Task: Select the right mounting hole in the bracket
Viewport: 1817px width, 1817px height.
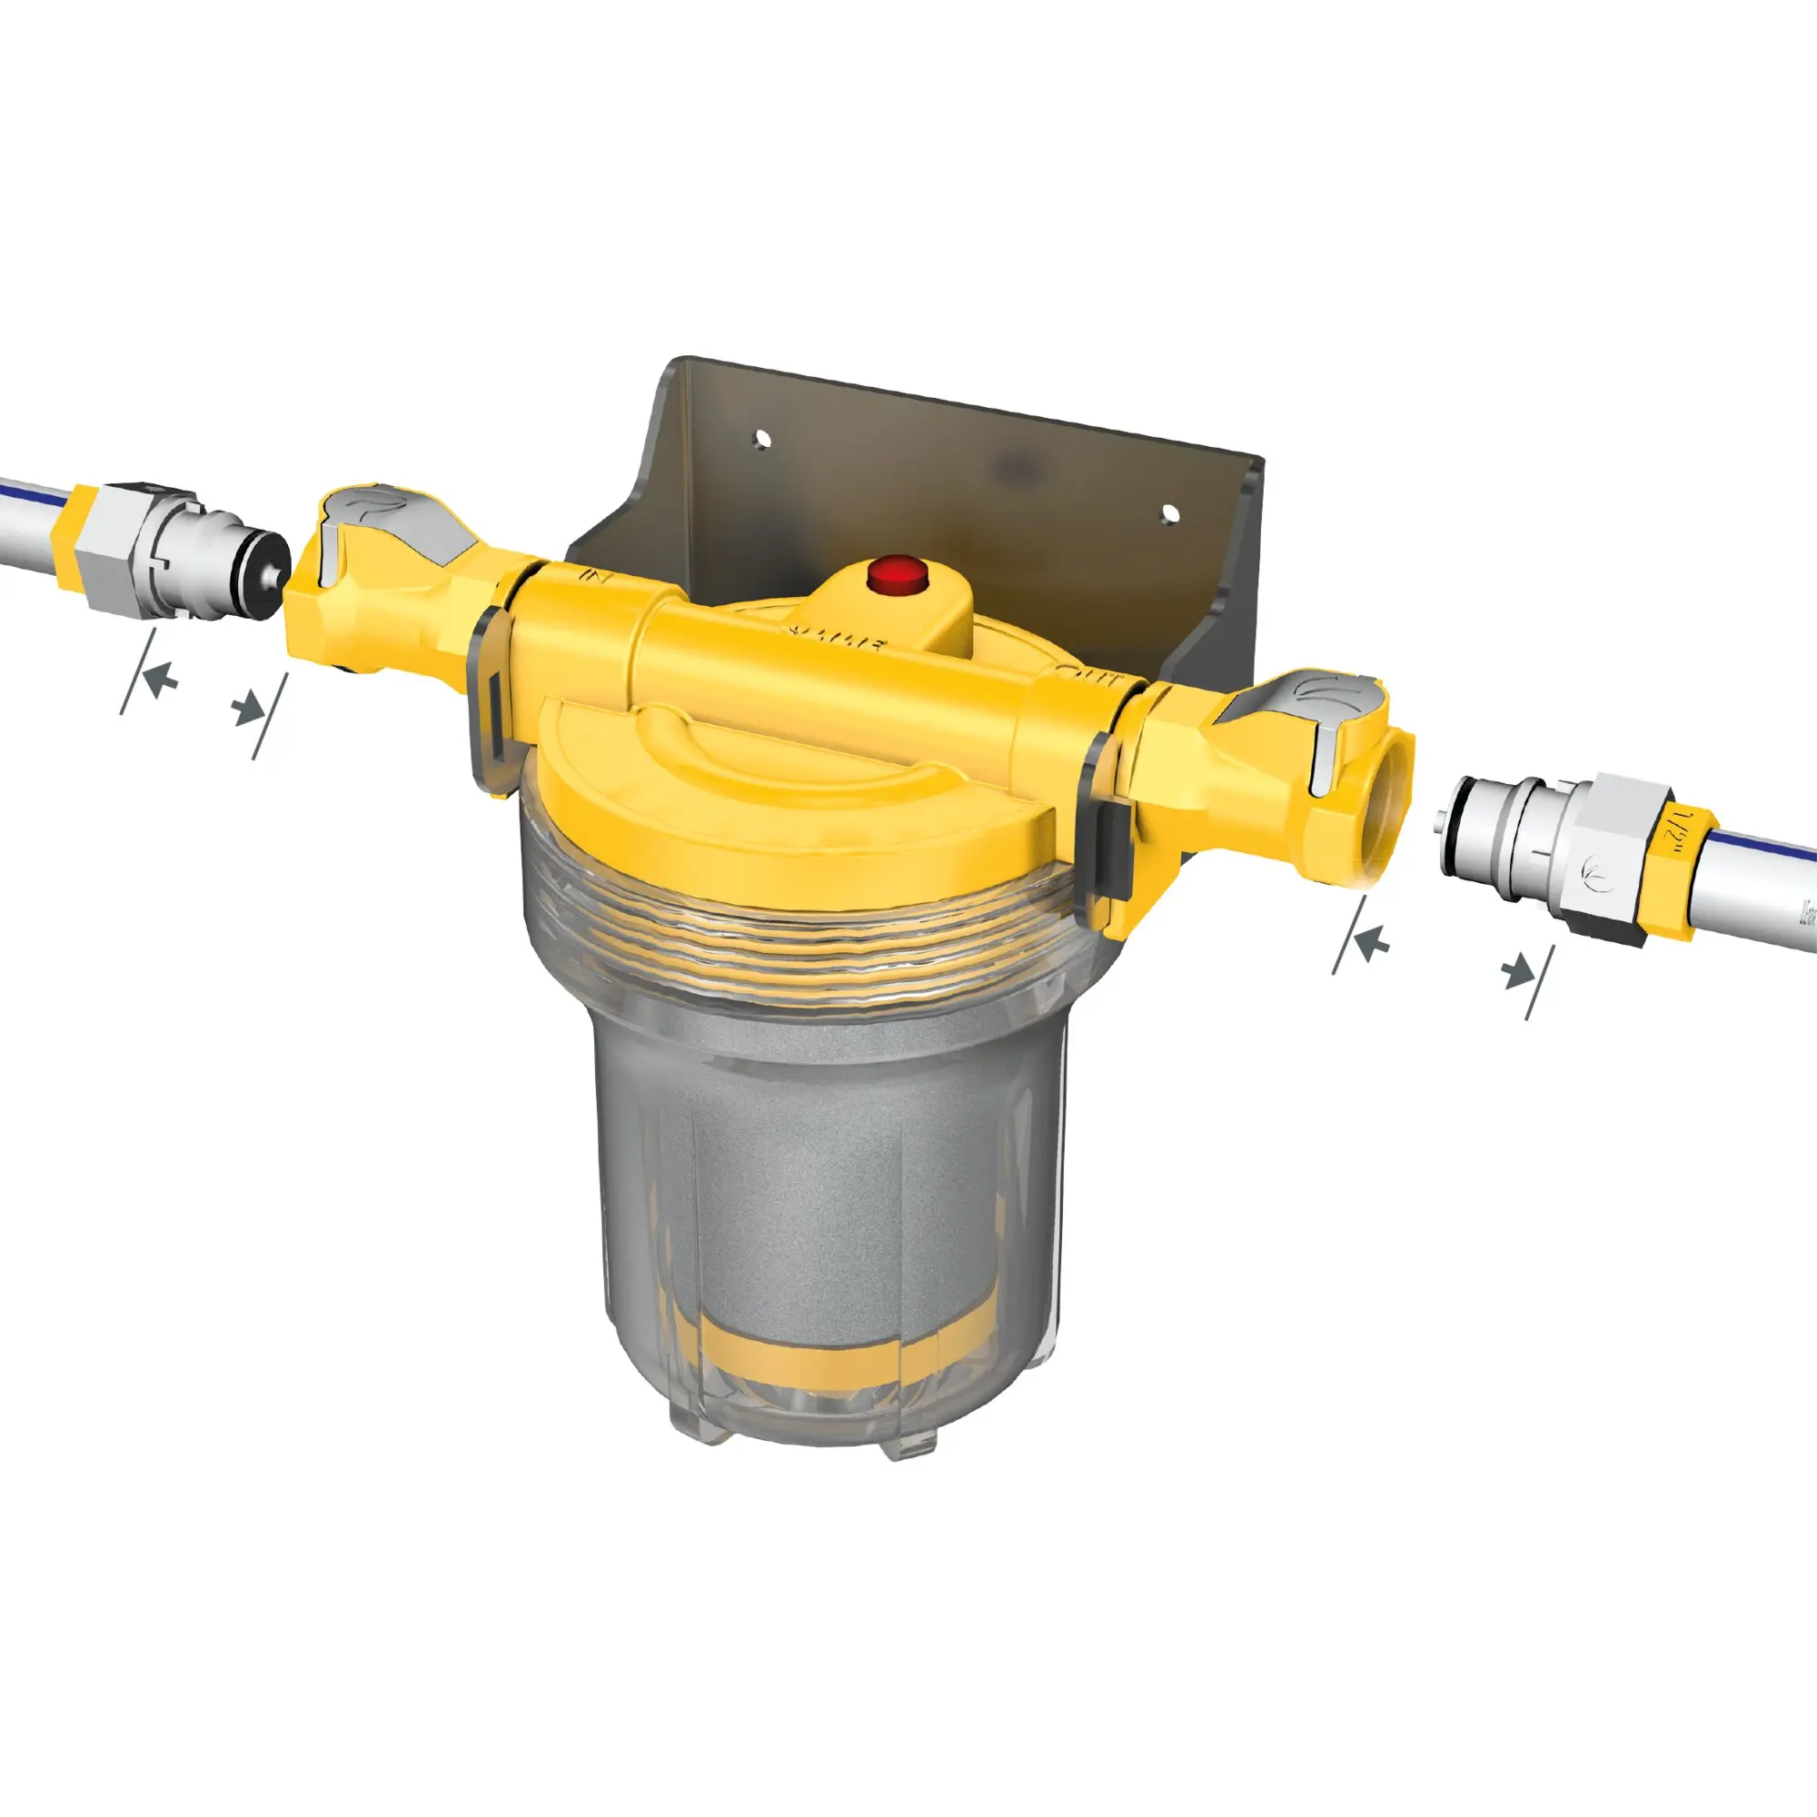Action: click(x=1169, y=512)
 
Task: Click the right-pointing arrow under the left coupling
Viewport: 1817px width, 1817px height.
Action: click(x=248, y=707)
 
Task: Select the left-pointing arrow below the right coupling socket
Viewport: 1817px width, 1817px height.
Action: click(x=1375, y=940)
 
